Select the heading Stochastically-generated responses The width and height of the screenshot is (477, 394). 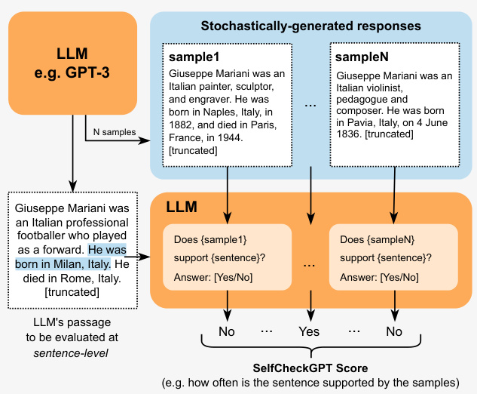click(x=310, y=26)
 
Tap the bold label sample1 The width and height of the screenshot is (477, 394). click(x=194, y=58)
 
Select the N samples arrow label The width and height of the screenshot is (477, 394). click(x=114, y=132)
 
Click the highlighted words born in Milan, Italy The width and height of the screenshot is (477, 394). click(x=63, y=264)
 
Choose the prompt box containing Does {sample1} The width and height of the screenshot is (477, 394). click(x=227, y=257)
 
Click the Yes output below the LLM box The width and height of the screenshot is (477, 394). click(x=309, y=331)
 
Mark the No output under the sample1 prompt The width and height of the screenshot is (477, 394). click(x=227, y=331)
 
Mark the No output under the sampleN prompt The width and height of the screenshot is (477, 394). click(x=393, y=331)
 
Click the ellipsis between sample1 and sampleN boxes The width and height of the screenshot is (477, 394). click(x=310, y=106)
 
